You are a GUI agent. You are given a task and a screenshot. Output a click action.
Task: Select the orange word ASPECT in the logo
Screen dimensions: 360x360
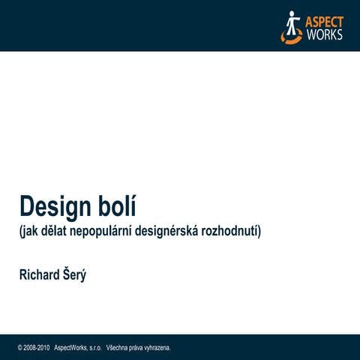[324, 20]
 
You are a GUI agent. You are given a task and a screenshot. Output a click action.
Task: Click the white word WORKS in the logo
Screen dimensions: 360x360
[323, 34]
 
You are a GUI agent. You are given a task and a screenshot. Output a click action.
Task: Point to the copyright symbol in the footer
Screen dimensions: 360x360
[20, 348]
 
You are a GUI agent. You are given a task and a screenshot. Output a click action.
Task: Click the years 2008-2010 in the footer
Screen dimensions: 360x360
[37, 348]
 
